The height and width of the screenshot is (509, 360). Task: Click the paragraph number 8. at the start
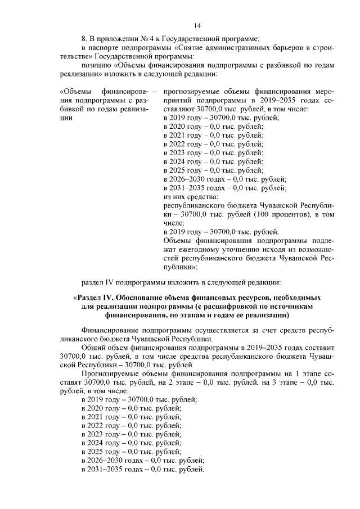click(84, 39)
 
